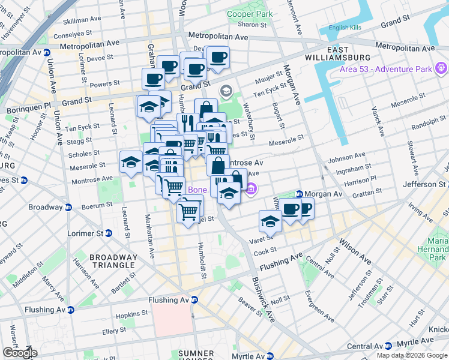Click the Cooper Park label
pos(250,14)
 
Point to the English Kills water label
pos(349,28)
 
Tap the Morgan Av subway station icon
pos(299,194)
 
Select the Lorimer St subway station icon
pos(109,233)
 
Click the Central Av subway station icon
pos(388,346)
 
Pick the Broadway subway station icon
pos(68,208)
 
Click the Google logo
pos(19,353)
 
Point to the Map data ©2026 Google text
pos(412,355)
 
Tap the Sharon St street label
pos(248,25)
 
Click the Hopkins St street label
pos(131,314)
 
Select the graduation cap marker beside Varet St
pos(271,221)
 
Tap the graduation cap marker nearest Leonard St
pos(131,163)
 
